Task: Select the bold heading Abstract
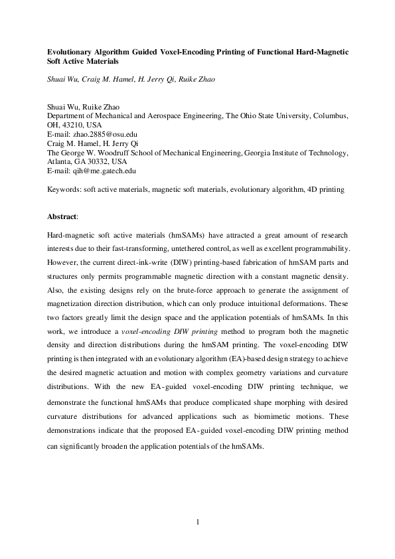tap(62, 216)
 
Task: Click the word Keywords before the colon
tap(65, 190)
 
